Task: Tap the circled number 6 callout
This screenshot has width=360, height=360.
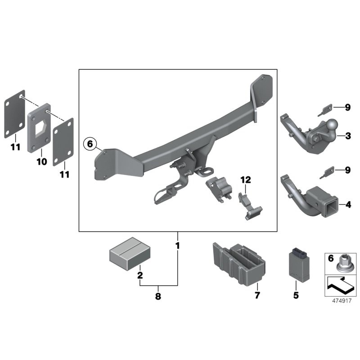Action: coord(90,144)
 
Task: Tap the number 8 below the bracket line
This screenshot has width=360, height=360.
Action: coord(158,297)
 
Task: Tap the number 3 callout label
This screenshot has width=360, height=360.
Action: coord(348,135)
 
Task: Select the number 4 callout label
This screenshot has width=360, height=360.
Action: coord(348,205)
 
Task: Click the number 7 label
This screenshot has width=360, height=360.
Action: coord(257,296)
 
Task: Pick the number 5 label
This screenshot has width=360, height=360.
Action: coord(296,296)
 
